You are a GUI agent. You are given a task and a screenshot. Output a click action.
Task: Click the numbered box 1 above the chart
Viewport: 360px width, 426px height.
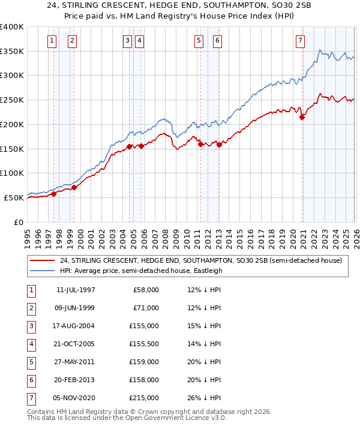(52, 41)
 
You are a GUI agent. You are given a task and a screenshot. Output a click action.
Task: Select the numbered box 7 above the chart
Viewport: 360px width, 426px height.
(299, 41)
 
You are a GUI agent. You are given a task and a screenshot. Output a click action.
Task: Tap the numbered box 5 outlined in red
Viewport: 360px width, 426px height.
(199, 41)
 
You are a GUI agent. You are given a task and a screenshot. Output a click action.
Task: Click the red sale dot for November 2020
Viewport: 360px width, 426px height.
(302, 118)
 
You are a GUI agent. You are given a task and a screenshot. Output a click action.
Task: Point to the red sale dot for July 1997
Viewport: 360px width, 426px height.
(53, 194)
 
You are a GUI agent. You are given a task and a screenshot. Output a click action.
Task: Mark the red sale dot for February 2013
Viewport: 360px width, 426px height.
(220, 145)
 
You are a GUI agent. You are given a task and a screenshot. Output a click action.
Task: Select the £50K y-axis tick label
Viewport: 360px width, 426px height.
(14, 197)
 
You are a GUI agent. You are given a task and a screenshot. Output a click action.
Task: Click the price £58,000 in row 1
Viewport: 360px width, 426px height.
(146, 290)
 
